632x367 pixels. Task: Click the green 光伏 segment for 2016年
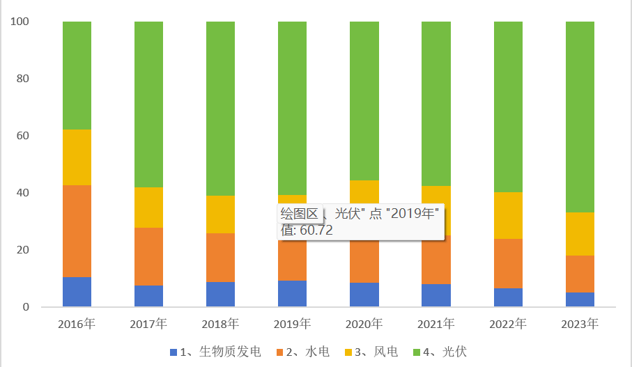click(x=77, y=75)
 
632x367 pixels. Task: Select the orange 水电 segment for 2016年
click(x=77, y=231)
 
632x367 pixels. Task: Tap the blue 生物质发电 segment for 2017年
click(x=148, y=296)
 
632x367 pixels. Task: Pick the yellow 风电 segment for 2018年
click(x=220, y=214)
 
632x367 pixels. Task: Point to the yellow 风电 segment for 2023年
click(x=579, y=234)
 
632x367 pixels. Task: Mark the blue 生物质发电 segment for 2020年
click(x=364, y=295)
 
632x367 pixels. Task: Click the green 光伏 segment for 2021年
click(x=436, y=104)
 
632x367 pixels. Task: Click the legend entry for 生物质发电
click(x=215, y=352)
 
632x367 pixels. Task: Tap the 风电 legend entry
click(x=373, y=352)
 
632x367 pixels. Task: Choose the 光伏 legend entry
click(x=446, y=352)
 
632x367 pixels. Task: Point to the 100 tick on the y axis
click(x=20, y=22)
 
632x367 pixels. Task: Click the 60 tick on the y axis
click(x=22, y=136)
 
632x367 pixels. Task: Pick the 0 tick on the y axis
click(x=25, y=307)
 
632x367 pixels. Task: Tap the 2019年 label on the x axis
click(x=292, y=324)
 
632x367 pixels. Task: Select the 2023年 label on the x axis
click(x=579, y=324)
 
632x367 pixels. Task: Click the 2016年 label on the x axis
click(x=77, y=324)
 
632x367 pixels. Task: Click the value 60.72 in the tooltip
click(x=316, y=230)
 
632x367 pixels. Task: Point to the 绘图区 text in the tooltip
click(x=299, y=213)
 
